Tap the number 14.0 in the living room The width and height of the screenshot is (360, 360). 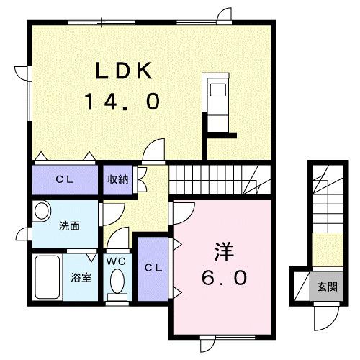point(121,102)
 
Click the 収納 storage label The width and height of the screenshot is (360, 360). point(118,179)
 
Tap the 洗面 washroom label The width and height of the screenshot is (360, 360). point(69,225)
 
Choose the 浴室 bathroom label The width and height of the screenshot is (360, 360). point(80,277)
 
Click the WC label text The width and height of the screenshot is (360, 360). point(116,261)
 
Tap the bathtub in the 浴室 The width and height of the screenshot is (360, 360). point(49,276)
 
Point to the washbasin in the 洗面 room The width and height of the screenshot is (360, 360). point(41,212)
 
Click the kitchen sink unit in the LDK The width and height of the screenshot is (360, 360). point(215,98)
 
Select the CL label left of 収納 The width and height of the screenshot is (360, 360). point(63,179)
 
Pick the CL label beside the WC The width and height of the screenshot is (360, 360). point(152,268)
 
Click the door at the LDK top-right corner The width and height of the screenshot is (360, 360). point(224,16)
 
